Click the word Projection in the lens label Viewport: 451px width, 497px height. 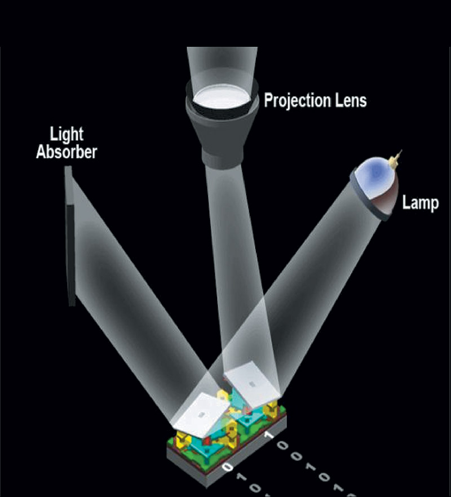(293, 101)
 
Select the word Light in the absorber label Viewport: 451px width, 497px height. (67, 135)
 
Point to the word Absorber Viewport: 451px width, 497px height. (67, 152)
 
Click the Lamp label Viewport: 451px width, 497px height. (421, 202)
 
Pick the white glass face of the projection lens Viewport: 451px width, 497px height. (222, 97)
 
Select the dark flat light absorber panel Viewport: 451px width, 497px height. (70, 236)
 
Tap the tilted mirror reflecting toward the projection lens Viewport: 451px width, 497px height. (253, 384)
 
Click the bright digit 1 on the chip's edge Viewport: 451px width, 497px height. (269, 435)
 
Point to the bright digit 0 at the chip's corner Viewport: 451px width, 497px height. (227, 467)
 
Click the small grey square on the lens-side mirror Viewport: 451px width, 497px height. (253, 384)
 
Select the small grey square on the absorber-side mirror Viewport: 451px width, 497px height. (201, 415)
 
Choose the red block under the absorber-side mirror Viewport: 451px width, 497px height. (206, 441)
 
